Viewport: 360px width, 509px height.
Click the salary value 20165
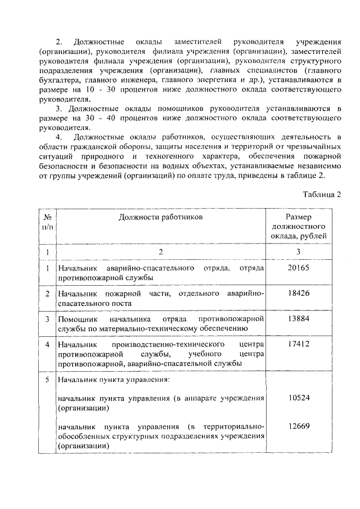pos(298,268)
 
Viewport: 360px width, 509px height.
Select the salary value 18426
pos(298,293)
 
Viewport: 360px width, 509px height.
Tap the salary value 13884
pos(298,318)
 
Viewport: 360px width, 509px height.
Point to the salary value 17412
pos(298,344)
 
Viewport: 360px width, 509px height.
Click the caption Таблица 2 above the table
pos(322,195)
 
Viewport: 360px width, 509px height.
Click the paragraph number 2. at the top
pos(58,43)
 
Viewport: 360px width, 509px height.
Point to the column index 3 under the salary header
pos(298,251)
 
